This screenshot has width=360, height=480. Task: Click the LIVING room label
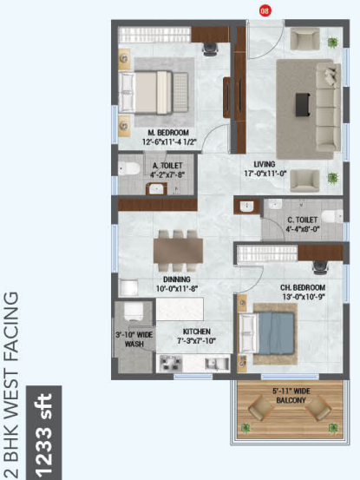tap(265, 162)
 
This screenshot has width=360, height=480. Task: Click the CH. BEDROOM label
tap(302, 287)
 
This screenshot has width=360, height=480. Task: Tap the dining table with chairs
tap(179, 250)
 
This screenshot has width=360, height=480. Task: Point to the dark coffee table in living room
tap(303, 103)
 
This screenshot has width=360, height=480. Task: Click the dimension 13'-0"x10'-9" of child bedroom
tap(302, 297)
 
